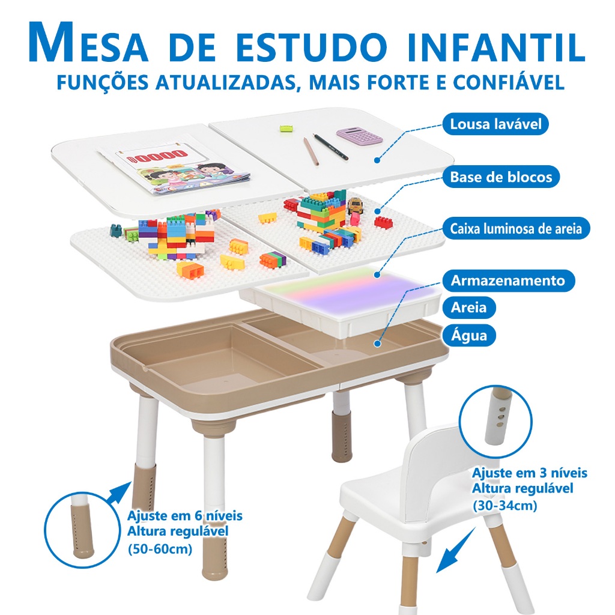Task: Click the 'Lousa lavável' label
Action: coord(495,124)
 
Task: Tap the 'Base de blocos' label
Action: coord(501,177)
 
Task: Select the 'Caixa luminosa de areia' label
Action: coord(516,228)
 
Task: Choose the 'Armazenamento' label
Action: coord(508,280)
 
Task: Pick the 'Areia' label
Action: coord(469,307)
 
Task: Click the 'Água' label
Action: coord(469,335)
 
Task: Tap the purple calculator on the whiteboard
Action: coord(359,136)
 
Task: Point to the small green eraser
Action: coord(286,128)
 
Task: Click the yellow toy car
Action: coord(355,205)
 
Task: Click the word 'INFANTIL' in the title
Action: coord(497,46)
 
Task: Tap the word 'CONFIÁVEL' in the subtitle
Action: coord(509,82)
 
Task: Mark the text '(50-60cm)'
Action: coord(160,548)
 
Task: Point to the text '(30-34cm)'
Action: coord(504,505)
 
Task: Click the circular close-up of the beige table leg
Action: coord(82,530)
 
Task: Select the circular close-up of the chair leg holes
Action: coord(495,422)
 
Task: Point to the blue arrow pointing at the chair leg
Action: coord(456,551)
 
